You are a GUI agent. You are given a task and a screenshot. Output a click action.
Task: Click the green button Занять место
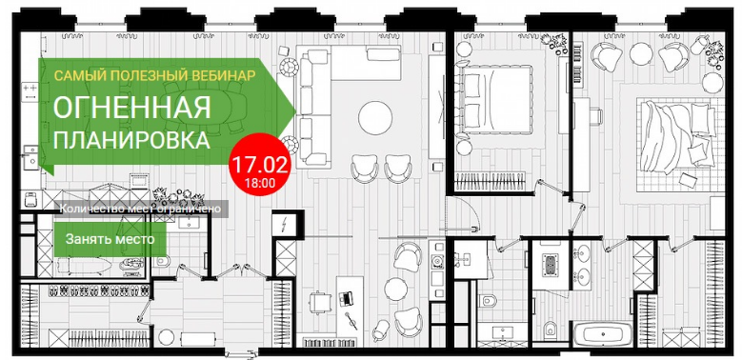(110, 239)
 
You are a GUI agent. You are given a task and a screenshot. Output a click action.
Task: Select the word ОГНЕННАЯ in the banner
(131, 108)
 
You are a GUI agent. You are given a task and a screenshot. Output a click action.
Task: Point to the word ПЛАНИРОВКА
(131, 140)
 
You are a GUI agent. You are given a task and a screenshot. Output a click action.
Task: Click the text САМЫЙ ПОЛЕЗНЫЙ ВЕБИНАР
(154, 75)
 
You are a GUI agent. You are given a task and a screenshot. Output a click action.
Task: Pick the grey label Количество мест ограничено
(141, 209)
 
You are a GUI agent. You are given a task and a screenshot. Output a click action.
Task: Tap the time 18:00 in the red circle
(259, 181)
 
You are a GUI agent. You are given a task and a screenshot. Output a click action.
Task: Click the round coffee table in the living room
(375, 118)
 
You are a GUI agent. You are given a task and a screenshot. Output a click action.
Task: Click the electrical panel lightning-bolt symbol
(285, 224)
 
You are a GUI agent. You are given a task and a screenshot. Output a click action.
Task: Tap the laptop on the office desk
(346, 298)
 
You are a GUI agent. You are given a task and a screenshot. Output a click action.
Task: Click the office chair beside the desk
(319, 302)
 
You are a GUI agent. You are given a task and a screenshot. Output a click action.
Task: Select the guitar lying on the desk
(351, 321)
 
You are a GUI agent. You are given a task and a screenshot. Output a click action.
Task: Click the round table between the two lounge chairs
(395, 288)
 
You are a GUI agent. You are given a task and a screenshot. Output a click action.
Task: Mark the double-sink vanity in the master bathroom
(582, 265)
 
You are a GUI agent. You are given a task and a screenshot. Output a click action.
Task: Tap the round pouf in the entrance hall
(166, 337)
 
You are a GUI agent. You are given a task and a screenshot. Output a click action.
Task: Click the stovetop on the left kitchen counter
(30, 90)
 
